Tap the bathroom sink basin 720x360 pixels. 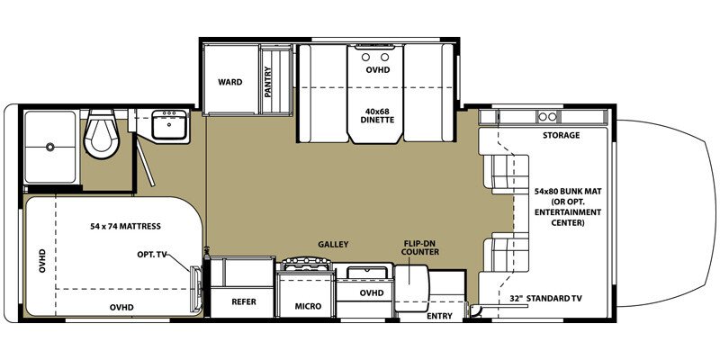tap(168, 127)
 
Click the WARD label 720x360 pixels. tap(230, 82)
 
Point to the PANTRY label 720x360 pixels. tap(268, 84)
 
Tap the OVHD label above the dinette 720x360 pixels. tap(377, 68)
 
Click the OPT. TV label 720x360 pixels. tap(155, 255)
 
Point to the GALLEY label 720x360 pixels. tap(332, 244)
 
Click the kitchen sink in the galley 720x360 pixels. tap(362, 272)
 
